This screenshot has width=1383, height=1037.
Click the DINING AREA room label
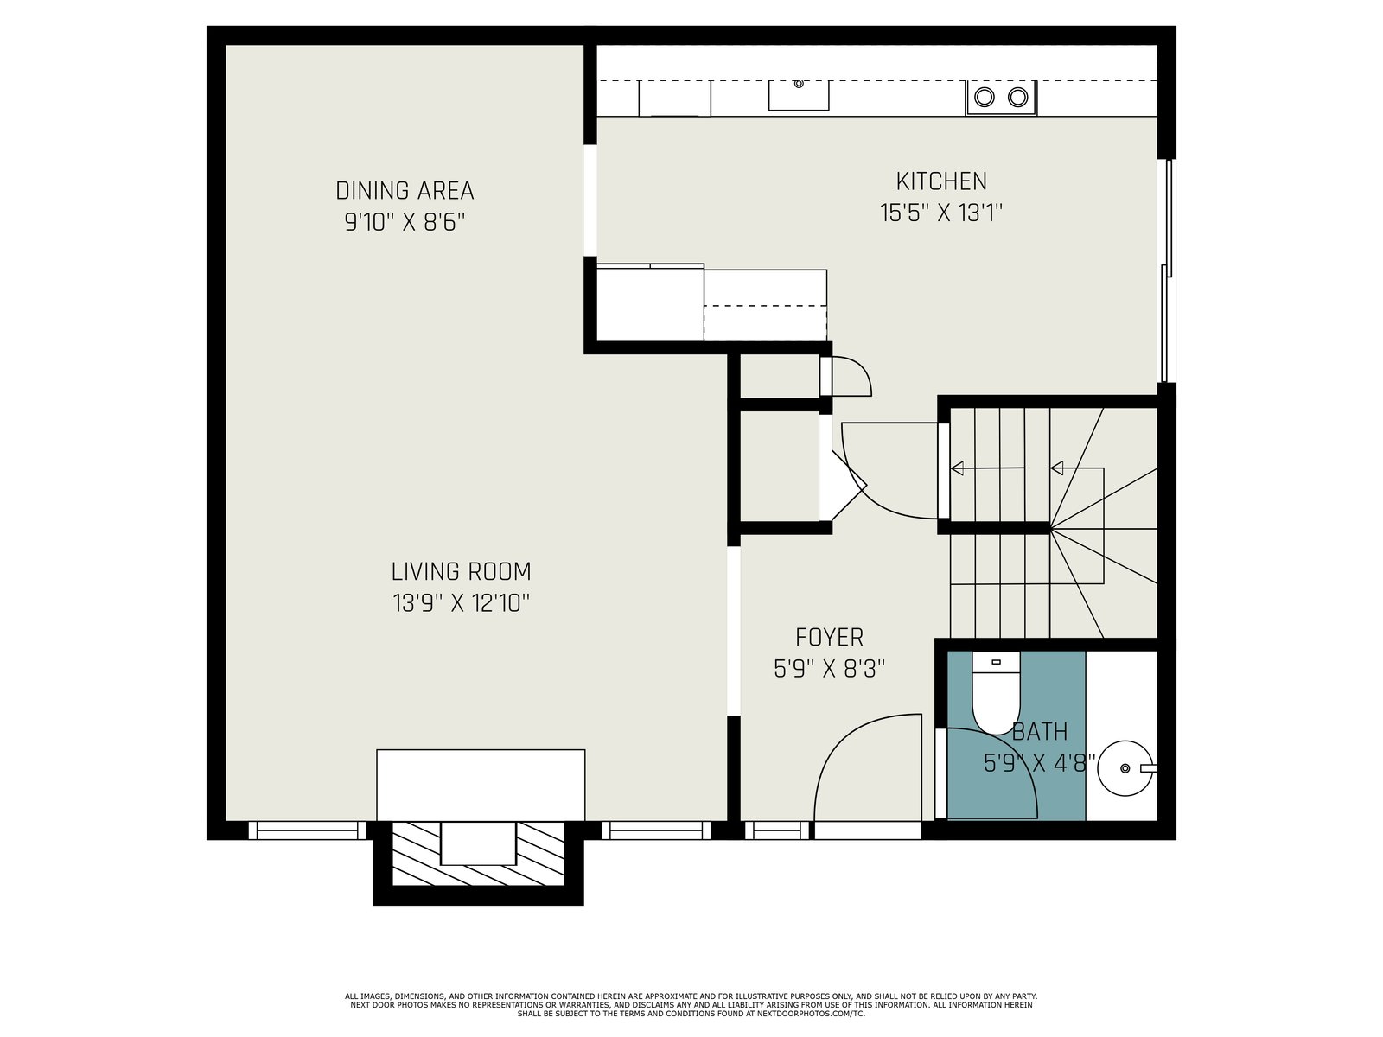click(x=405, y=190)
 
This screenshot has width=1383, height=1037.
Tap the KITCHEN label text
click(x=941, y=181)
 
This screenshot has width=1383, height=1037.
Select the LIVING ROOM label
click(x=462, y=572)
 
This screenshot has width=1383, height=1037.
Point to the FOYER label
click(x=829, y=637)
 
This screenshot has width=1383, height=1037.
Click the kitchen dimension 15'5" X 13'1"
click(x=940, y=213)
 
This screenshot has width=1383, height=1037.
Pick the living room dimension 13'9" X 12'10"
click(x=462, y=603)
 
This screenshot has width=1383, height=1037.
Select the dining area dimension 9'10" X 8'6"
click(x=405, y=221)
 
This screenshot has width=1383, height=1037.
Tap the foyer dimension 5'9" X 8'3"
click(x=829, y=669)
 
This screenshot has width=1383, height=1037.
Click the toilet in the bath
click(x=996, y=692)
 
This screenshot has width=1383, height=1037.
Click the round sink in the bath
click(x=1125, y=768)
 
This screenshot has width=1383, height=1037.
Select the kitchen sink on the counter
click(x=799, y=96)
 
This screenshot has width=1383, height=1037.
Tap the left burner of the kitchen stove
click(x=985, y=97)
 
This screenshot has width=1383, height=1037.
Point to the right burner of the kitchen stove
click(x=1017, y=97)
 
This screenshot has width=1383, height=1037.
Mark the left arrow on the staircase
click(x=987, y=468)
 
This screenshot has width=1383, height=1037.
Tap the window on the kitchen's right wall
click(x=1167, y=270)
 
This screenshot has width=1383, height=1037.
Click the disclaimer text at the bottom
click(x=691, y=1005)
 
